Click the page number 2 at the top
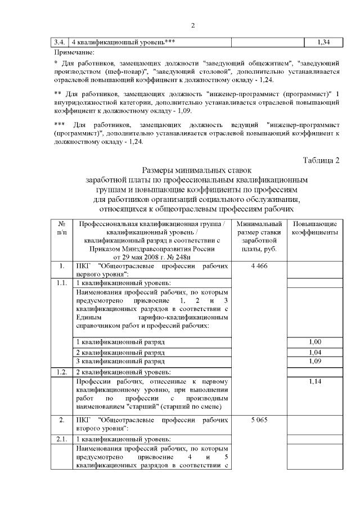(192, 25)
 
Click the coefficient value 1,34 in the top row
(323, 42)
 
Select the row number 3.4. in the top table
(58, 42)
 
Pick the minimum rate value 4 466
(259, 265)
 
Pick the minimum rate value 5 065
(259, 420)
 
